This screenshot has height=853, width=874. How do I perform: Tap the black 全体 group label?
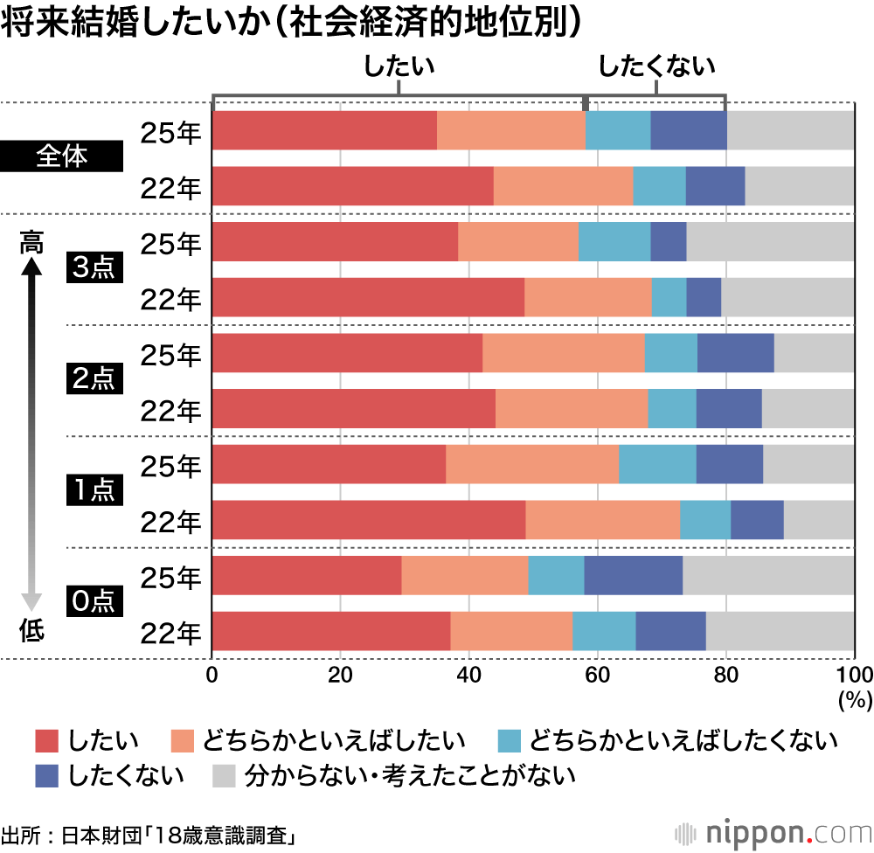62,158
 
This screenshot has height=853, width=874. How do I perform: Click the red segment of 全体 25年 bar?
324,130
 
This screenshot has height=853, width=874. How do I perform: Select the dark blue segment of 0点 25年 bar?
633,575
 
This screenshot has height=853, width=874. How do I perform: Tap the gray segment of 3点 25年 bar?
770,241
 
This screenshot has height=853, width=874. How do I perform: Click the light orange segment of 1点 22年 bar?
602,520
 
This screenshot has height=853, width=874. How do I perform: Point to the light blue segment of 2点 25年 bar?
670,353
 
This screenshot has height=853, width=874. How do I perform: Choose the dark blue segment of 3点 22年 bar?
704,297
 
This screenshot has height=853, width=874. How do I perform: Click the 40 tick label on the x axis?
468,674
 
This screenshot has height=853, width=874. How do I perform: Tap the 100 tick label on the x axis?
853,674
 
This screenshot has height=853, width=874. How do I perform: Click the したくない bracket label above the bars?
656,66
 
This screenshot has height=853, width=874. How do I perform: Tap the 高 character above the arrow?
31,244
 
